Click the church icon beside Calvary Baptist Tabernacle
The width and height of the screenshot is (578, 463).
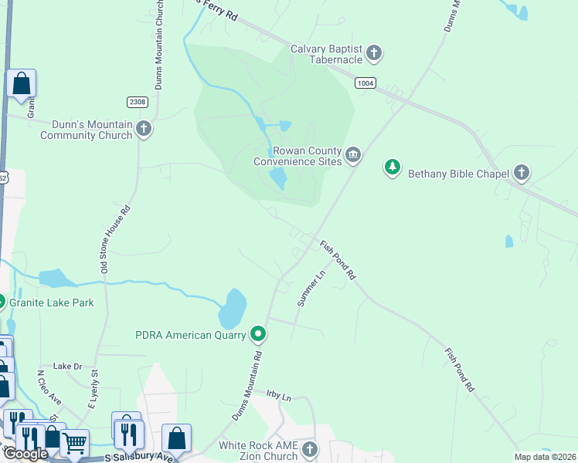pyautogui.click(x=374, y=53)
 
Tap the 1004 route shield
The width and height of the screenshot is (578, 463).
pyautogui.click(x=365, y=83)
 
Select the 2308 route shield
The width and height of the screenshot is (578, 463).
pyautogui.click(x=137, y=102)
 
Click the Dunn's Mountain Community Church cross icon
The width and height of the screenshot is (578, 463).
pyautogui.click(x=144, y=130)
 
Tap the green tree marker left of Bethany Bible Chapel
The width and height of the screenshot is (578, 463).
pyautogui.click(x=393, y=167)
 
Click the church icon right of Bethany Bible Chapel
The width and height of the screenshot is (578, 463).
pyautogui.click(x=522, y=173)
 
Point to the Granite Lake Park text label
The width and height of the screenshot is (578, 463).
pyautogui.click(x=51, y=302)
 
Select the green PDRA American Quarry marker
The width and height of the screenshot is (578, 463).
pyautogui.click(x=258, y=334)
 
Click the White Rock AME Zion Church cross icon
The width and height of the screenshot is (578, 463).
pyautogui.click(x=310, y=449)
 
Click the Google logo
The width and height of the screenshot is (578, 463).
pyautogui.click(x=25, y=454)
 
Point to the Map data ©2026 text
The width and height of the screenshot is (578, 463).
pyautogui.click(x=545, y=457)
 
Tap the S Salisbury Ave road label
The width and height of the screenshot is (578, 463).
pyautogui.click(x=139, y=458)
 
